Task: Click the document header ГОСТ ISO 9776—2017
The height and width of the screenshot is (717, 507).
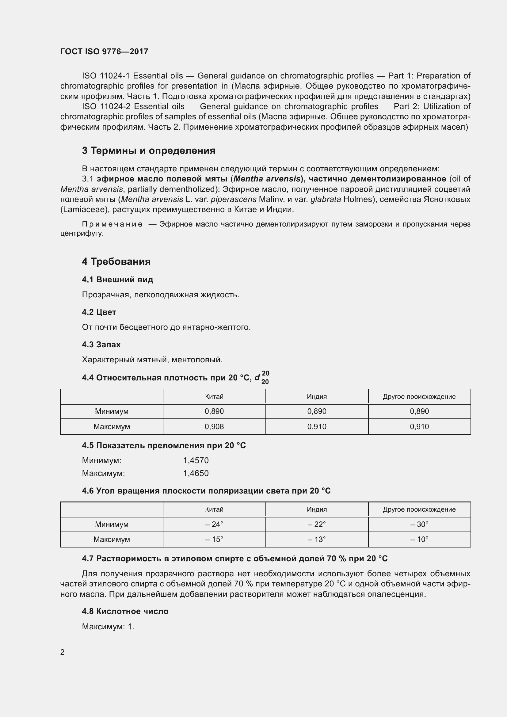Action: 104,51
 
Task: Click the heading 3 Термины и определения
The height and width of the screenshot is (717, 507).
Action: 149,151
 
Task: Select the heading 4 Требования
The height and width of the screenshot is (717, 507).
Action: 116,261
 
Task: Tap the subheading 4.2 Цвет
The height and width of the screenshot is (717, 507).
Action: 99,312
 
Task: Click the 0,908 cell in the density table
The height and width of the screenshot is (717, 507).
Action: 214,427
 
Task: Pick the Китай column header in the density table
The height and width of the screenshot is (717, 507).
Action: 214,397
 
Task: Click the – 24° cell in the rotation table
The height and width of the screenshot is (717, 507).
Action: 214,524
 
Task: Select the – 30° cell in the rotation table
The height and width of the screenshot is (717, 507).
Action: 419,524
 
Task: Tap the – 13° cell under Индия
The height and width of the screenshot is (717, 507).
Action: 317,539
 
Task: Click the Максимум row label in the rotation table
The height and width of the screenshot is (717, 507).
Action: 112,539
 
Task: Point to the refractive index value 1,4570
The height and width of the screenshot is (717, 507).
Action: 196,460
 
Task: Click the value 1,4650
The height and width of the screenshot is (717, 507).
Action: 196,473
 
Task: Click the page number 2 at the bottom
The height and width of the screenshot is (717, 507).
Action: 63,652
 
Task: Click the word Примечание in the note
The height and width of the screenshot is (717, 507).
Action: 112,224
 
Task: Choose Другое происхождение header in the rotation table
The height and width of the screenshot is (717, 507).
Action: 419,509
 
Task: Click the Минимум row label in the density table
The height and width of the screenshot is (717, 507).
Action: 112,411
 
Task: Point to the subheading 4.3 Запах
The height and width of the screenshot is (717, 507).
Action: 101,345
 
